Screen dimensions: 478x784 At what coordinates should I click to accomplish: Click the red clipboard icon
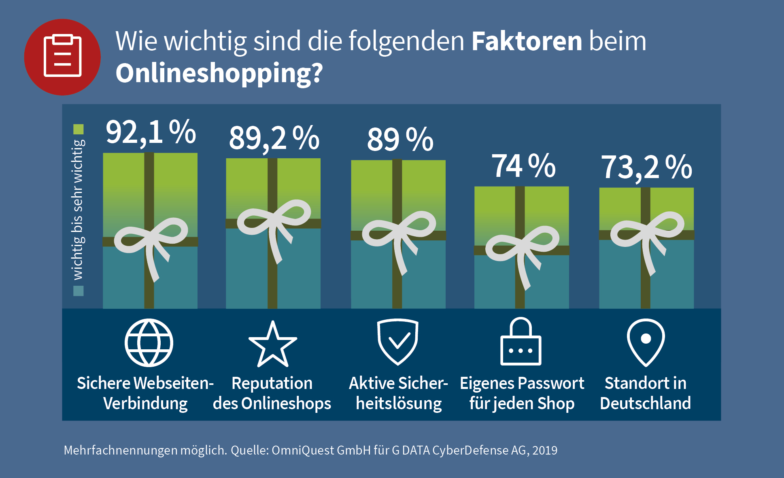click(62, 57)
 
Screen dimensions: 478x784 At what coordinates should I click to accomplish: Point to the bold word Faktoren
click(527, 41)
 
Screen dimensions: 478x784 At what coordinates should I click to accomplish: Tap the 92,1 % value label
click(151, 132)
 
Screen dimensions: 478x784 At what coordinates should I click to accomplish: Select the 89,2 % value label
click(274, 138)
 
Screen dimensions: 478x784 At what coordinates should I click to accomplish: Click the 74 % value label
click(523, 166)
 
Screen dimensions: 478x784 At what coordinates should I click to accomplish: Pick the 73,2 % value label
click(646, 167)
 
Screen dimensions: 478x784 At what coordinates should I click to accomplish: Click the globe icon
click(149, 343)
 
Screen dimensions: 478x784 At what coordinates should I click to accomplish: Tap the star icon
click(273, 344)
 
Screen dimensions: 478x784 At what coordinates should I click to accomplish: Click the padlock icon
click(521, 342)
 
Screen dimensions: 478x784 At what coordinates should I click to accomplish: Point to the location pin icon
click(646, 342)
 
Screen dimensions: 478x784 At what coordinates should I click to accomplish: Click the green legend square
click(79, 129)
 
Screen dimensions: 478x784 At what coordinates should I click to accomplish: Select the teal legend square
click(79, 291)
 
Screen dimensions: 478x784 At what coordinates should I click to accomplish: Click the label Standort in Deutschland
click(646, 393)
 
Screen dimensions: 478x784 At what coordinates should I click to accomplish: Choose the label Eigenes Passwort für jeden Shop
click(522, 393)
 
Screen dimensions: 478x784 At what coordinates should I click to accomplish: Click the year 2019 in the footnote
click(545, 450)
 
